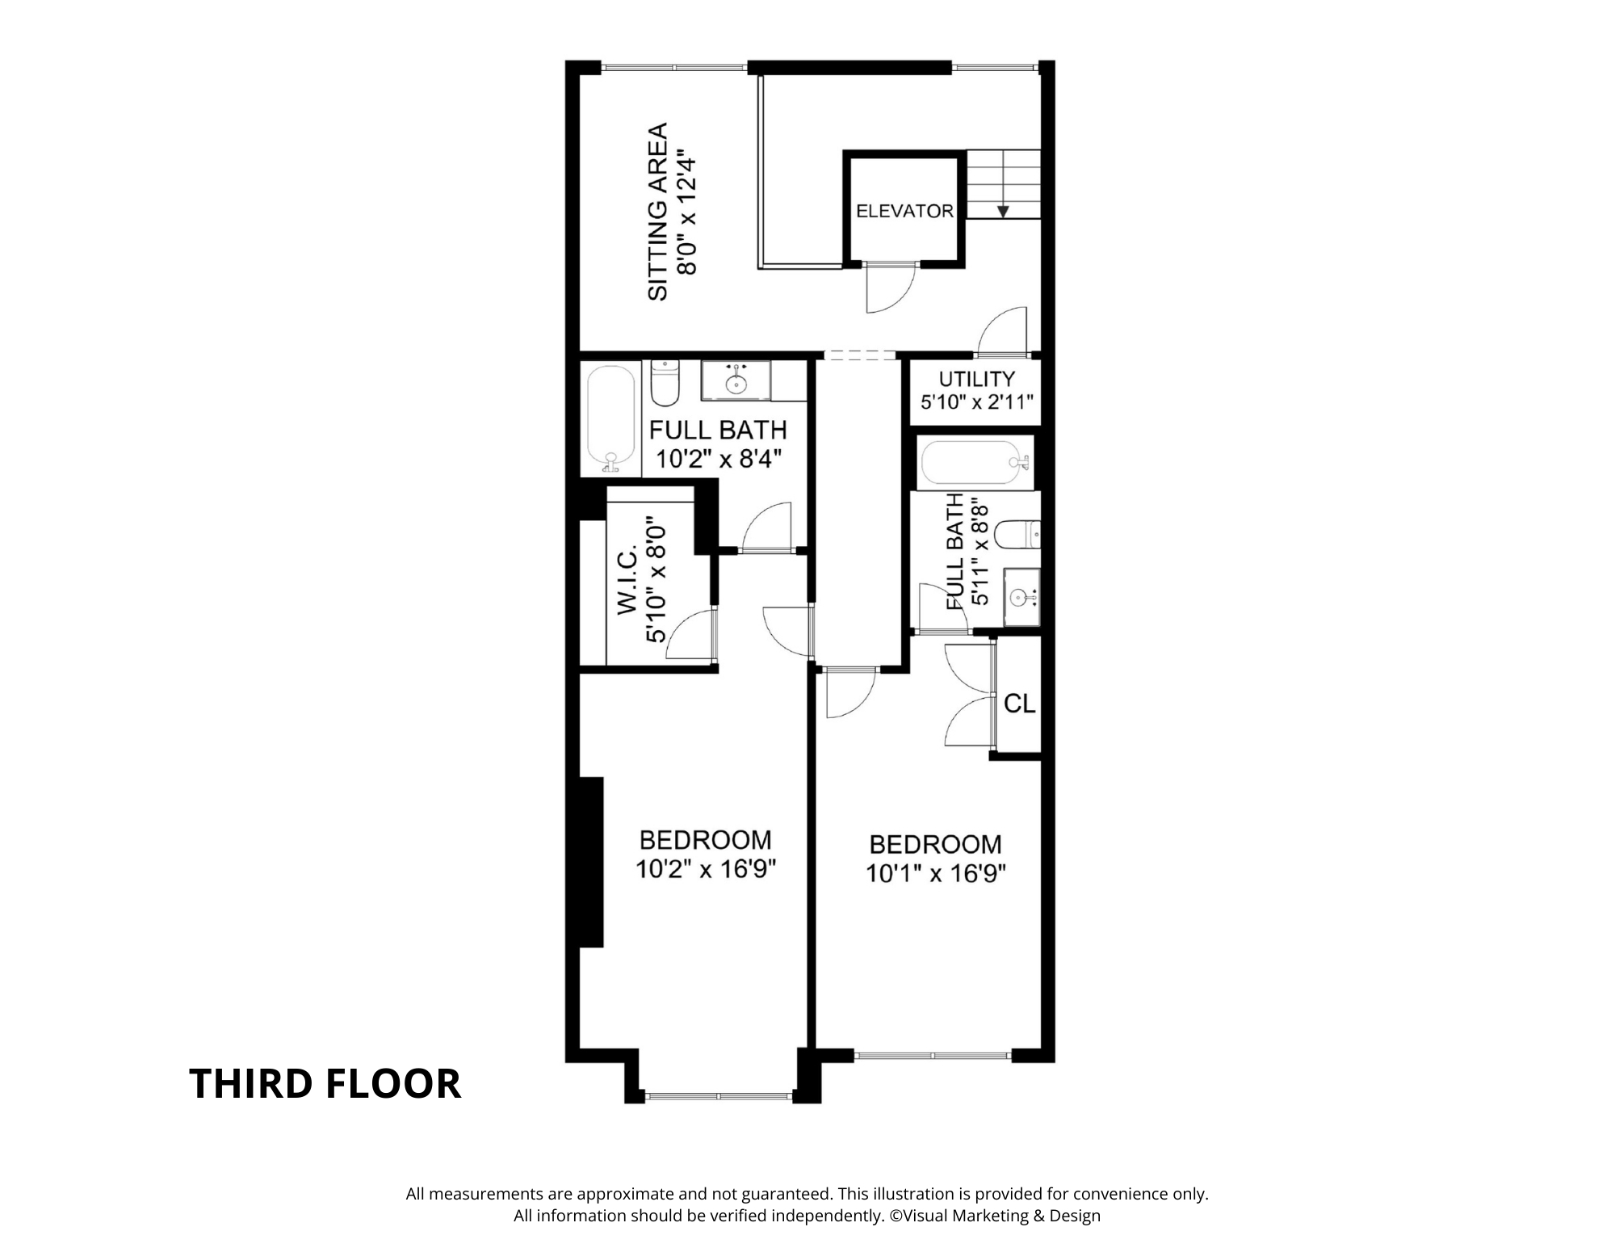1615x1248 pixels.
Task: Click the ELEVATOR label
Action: [904, 211]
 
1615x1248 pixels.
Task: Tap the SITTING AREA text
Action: [658, 212]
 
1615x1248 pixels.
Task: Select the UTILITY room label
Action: [976, 379]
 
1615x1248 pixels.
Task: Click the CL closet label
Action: [1019, 704]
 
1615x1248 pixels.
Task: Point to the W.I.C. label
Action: [629, 581]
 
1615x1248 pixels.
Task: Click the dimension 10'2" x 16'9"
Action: [706, 869]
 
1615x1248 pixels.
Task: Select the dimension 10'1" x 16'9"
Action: [936, 873]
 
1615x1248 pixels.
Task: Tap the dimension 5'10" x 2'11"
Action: [977, 401]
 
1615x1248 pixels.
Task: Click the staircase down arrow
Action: [1003, 211]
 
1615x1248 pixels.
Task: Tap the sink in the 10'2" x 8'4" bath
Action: [736, 381]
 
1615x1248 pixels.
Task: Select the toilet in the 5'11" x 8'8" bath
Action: [1017, 534]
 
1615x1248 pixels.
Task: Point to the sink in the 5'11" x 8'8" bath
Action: [1021, 597]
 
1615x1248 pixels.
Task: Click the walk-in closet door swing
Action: [693, 638]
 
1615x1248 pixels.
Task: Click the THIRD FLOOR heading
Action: [325, 1083]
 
